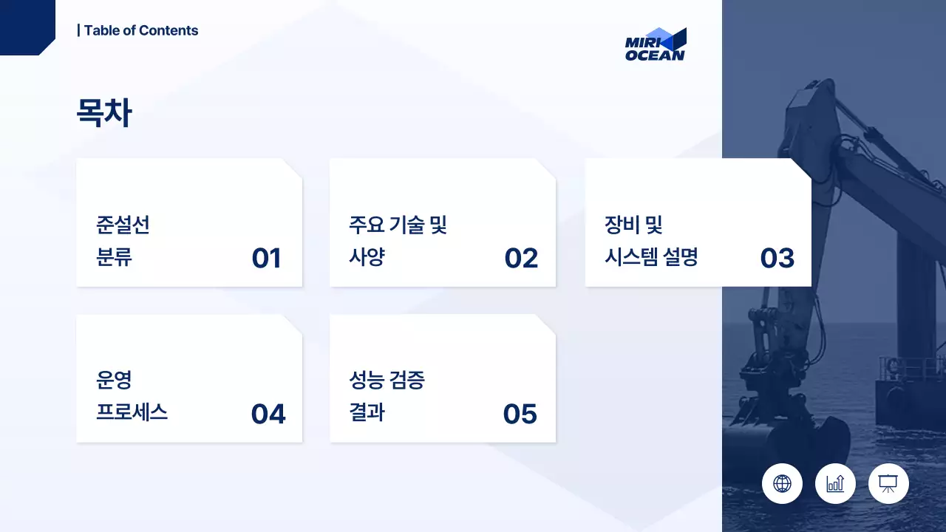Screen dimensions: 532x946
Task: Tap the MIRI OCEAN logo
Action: point(656,44)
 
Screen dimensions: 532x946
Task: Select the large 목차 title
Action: point(104,114)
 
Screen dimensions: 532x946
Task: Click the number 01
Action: point(266,259)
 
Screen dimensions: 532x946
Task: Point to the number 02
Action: point(521,259)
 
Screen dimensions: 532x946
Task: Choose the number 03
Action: point(777,259)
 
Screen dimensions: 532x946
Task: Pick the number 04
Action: point(268,415)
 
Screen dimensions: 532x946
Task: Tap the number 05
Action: point(520,415)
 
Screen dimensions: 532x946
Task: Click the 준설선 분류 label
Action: point(123,241)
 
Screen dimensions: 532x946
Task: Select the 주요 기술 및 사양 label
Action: point(398,241)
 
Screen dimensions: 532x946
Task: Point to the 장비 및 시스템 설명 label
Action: point(651,241)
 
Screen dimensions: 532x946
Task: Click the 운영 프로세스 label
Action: point(132,397)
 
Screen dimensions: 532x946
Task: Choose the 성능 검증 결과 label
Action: point(387,397)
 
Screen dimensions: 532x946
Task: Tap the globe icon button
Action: point(782,484)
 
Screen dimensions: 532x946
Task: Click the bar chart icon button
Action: point(835,484)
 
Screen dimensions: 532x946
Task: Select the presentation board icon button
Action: point(888,484)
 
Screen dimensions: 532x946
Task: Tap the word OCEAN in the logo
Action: point(656,55)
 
